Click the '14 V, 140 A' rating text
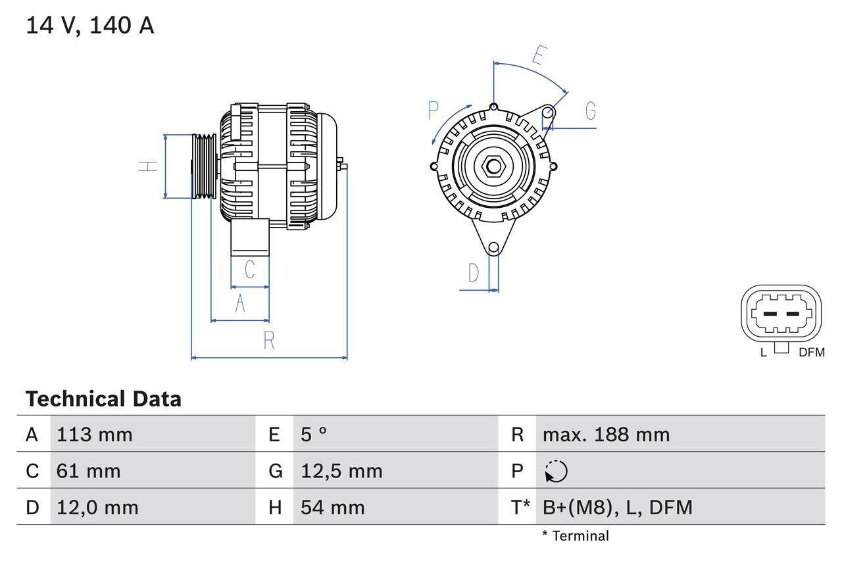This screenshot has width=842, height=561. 90,26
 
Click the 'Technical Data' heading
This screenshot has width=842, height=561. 103,399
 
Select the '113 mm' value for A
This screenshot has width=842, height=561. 95,435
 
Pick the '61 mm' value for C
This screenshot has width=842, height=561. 89,471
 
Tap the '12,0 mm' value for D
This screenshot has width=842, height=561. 97,507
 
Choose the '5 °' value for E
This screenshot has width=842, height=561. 314,435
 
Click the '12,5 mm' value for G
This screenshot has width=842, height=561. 341,471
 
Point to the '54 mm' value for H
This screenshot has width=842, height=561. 332,507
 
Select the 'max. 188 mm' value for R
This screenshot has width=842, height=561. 606,435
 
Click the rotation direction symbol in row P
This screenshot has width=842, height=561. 556,472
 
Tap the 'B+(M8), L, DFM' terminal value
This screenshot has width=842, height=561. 617,507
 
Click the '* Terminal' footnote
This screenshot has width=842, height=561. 576,536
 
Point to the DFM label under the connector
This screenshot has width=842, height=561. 811,353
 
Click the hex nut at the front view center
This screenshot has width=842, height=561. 493,166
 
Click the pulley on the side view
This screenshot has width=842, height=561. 204,166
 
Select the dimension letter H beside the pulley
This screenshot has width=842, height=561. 149,166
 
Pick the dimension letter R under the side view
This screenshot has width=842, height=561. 268,341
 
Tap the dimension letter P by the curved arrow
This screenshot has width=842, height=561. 433,110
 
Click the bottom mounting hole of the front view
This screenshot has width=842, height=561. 493,247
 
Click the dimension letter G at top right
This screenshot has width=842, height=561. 590,111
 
